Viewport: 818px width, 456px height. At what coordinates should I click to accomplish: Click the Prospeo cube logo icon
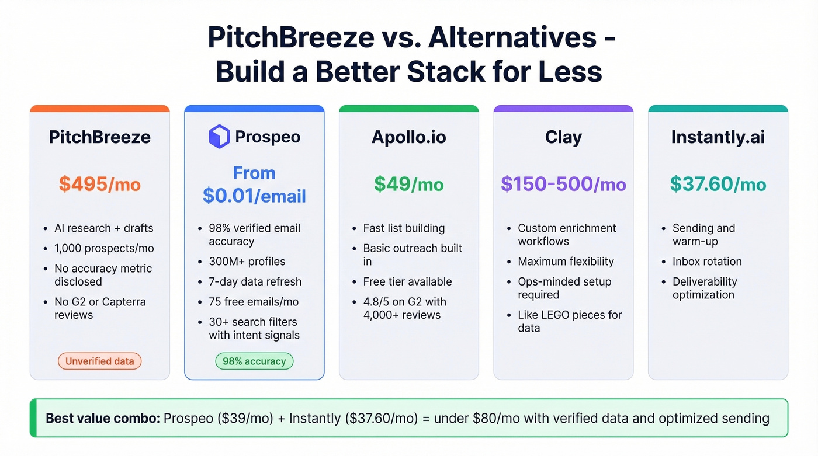pos(219,137)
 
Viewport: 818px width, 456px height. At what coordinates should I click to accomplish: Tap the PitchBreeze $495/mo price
pos(100,185)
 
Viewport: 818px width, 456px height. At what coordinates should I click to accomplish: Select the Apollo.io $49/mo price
pos(408,185)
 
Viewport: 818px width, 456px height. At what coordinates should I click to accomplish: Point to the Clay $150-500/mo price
pos(563,185)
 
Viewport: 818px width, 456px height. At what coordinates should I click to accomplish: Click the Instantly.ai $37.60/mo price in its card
pos(718,185)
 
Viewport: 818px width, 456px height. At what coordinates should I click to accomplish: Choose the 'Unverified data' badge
pos(100,361)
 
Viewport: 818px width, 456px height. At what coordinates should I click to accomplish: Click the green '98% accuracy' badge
pos(254,361)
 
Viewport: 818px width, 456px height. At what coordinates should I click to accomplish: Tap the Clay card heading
pos(563,137)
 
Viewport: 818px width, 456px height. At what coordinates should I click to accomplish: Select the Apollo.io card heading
pos(408,137)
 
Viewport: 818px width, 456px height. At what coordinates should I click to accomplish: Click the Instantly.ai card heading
pos(718,137)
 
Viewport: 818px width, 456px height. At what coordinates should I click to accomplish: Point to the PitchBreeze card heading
pos(100,137)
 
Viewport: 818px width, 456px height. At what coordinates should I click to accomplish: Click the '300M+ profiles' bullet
pos(247,262)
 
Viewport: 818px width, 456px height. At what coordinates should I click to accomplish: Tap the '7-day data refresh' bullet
pos(255,281)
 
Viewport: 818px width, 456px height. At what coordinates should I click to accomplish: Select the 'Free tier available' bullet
pos(407,281)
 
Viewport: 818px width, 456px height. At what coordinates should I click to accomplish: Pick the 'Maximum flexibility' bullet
pos(566,262)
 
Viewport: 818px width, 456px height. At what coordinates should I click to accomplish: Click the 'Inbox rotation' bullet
pos(707,262)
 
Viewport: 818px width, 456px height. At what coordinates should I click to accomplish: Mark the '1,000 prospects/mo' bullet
pos(104,248)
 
